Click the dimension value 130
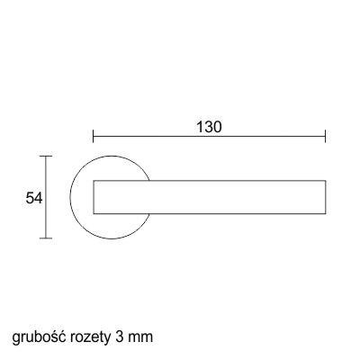tap(209, 127)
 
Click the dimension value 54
tap(34, 198)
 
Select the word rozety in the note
tap(90, 338)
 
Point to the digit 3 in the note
tap(118, 337)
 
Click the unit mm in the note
tap(140, 338)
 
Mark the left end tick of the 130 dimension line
tap(94, 136)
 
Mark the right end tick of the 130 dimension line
tap(326, 136)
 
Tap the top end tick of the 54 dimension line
tap(46, 156)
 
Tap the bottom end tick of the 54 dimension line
tap(46, 238)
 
